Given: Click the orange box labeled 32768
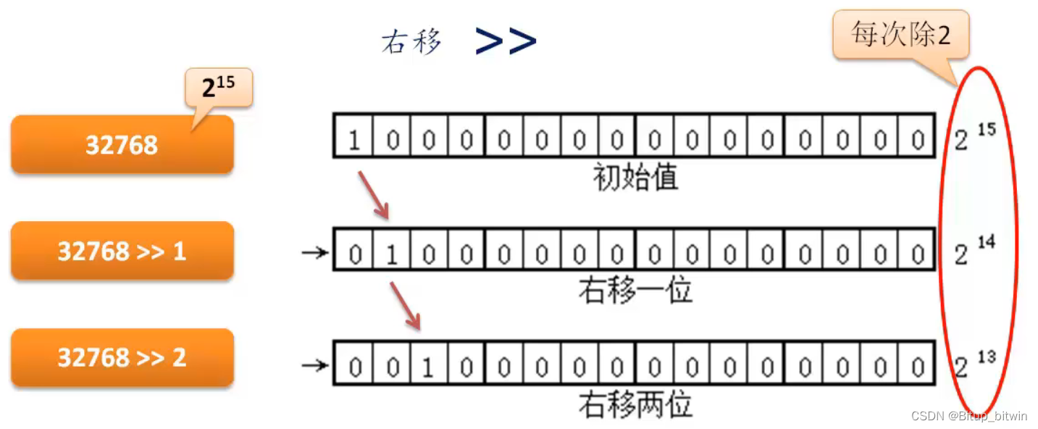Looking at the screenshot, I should pos(122,145).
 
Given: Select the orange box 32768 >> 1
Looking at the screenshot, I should pos(122,251).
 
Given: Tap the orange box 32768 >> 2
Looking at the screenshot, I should pos(122,357).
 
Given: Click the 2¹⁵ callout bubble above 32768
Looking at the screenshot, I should pos(218,88).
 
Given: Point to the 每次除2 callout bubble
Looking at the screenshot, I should pos(900,35).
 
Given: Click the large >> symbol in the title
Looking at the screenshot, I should pos(506,41).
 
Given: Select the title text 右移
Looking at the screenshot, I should pos(411,42).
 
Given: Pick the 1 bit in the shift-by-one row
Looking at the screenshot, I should pos(392,254).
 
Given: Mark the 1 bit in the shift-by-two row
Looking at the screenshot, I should pos(429,367).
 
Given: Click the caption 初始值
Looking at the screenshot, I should pos(635,176).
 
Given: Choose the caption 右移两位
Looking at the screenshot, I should pos(635,404).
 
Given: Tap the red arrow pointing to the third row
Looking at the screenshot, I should pos(406,305).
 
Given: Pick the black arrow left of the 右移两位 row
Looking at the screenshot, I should pos(314,366).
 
